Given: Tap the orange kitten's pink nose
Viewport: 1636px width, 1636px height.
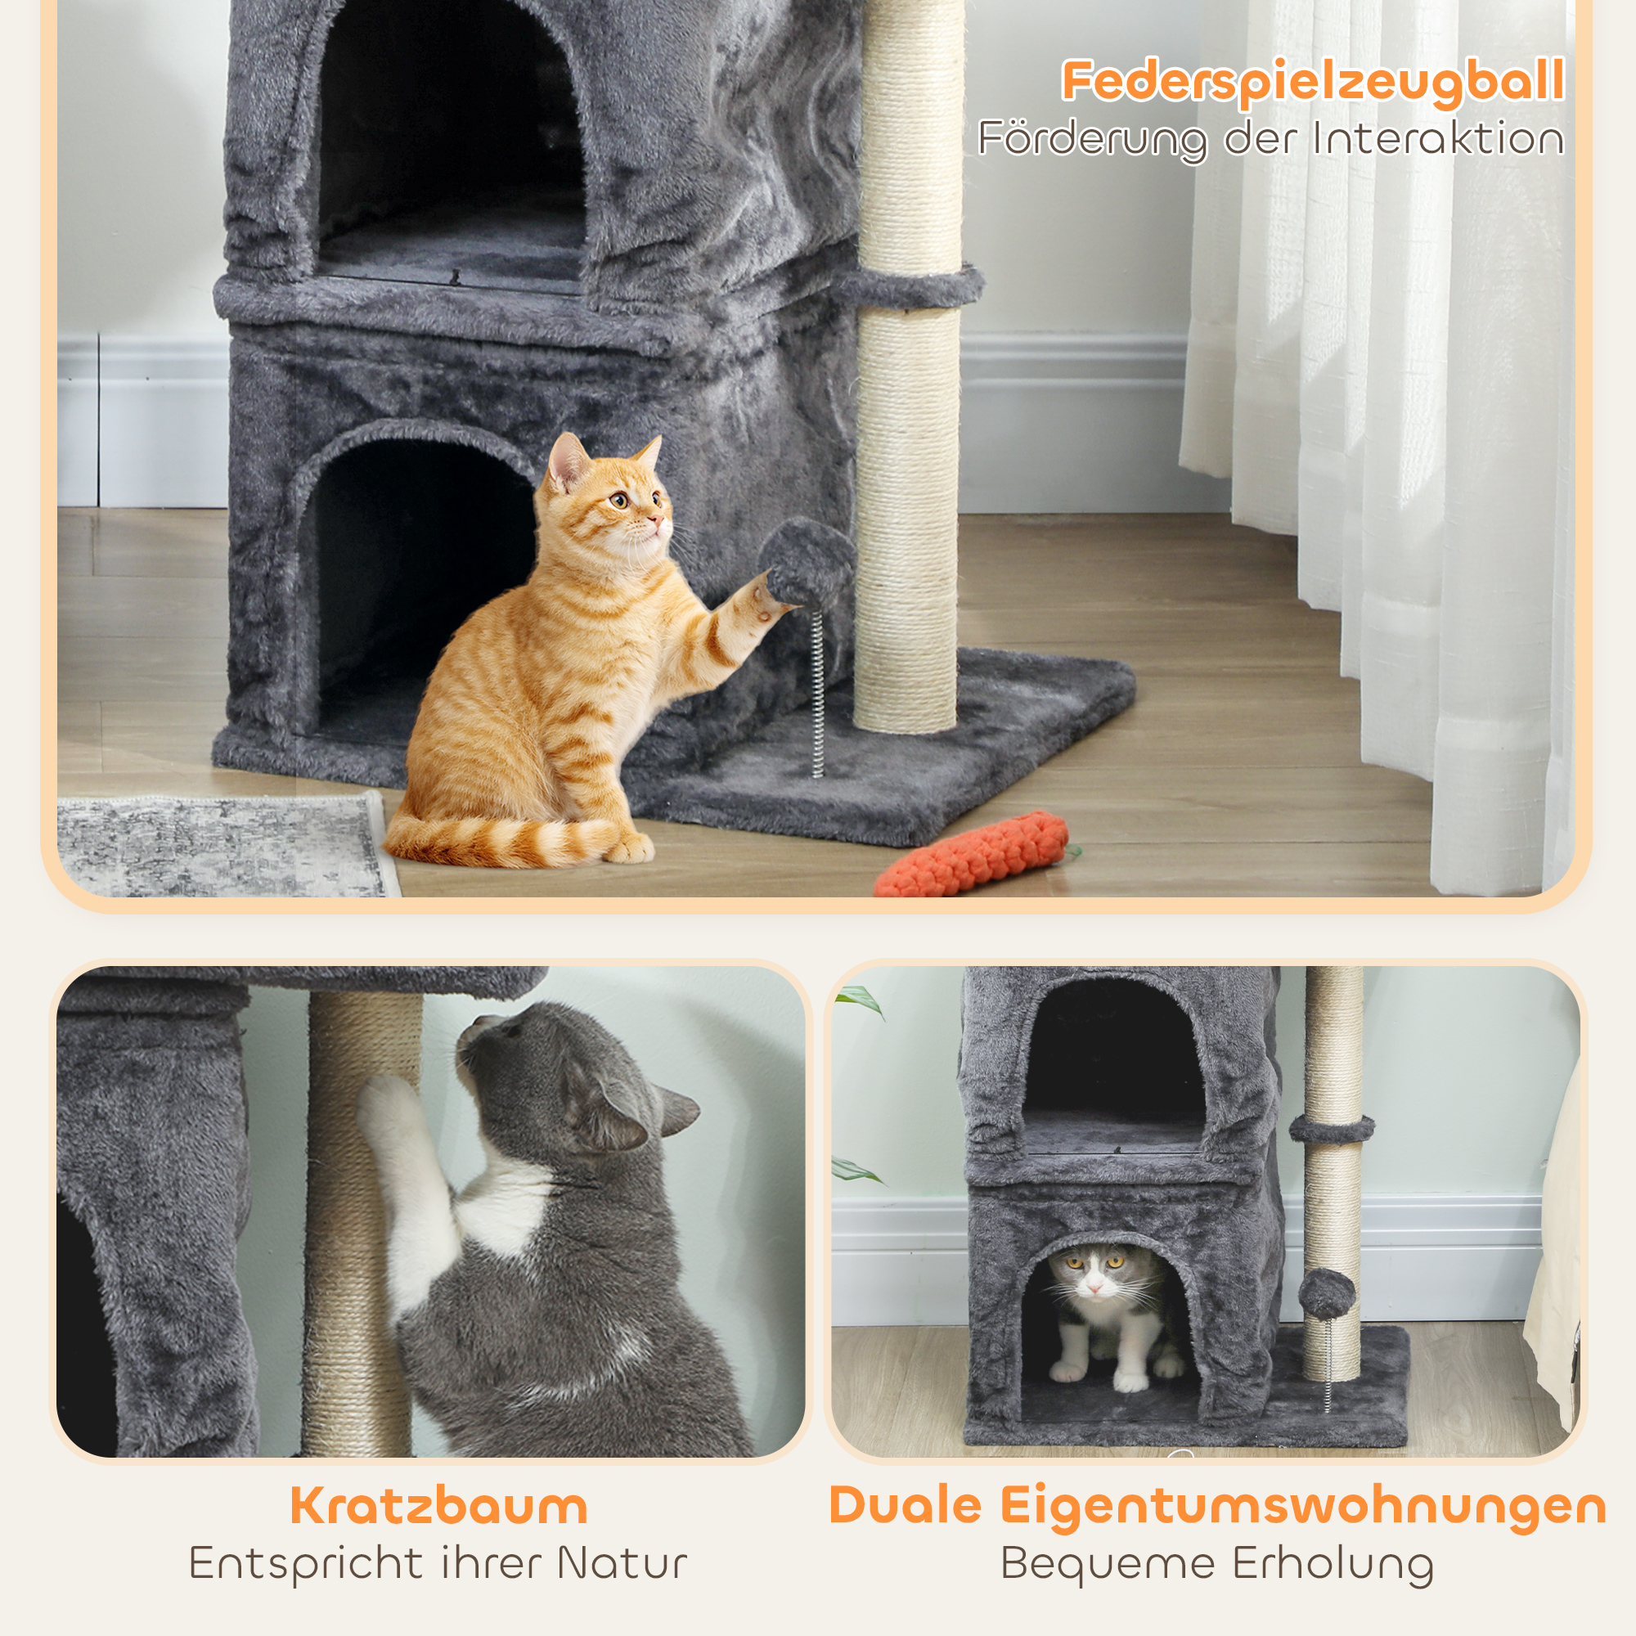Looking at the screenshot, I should click(655, 518).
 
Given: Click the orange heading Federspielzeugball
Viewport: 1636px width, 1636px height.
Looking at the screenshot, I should click(1312, 81).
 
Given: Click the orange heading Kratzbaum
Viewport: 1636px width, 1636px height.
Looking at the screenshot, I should click(438, 1506).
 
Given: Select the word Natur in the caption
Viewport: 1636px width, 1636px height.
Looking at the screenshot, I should click(622, 1563).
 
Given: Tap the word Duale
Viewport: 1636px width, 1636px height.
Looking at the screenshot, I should click(906, 1506).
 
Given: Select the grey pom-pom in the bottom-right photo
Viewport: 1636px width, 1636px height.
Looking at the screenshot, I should click(1327, 1294).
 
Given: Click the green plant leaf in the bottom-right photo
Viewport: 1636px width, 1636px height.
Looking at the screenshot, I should click(859, 1003).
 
